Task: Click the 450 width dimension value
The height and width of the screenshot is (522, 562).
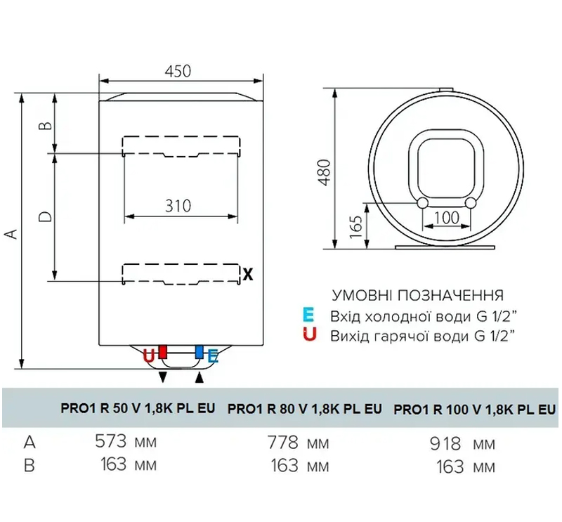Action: click(x=178, y=72)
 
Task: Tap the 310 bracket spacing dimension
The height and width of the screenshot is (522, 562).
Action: click(x=178, y=206)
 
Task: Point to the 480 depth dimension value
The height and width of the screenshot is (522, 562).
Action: click(x=325, y=172)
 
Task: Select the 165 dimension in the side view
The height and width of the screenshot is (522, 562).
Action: click(x=356, y=227)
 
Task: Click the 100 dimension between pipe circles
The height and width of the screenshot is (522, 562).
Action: click(x=446, y=218)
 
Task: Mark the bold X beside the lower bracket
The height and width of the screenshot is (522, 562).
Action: click(x=248, y=275)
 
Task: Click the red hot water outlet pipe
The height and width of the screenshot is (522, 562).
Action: click(x=163, y=352)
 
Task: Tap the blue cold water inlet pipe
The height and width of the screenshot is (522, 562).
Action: click(x=200, y=352)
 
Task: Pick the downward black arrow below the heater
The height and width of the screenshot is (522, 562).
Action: click(x=163, y=377)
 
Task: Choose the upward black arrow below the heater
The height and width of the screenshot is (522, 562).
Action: click(x=200, y=377)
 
